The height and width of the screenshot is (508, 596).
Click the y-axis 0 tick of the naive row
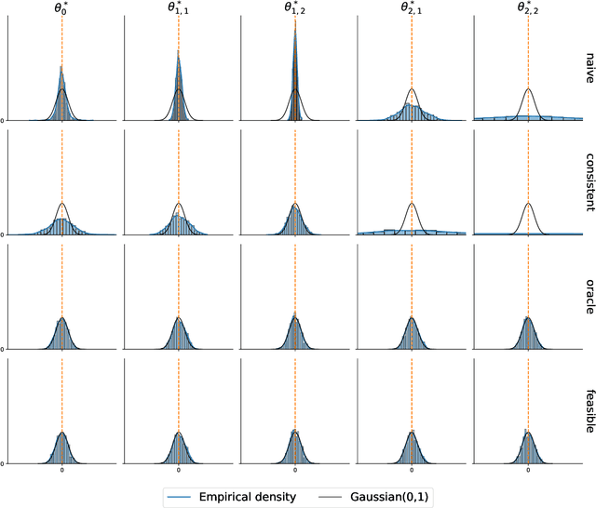(3, 120)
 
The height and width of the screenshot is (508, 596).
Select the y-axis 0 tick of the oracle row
(3, 349)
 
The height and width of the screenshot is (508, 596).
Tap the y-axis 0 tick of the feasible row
(3, 463)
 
